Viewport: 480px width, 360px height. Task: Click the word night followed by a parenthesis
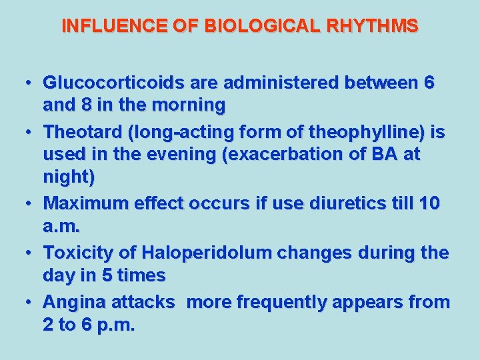click(67, 177)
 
